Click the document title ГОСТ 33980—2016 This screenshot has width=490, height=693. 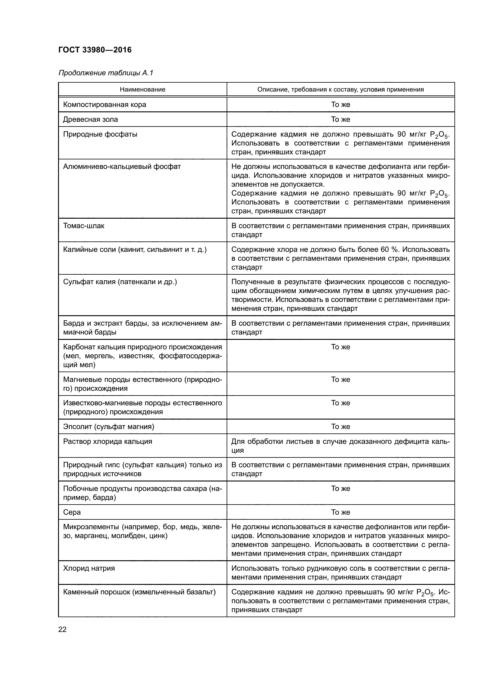[95, 50]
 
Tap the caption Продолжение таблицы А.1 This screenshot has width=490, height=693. [105, 73]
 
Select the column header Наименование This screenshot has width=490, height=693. [142, 89]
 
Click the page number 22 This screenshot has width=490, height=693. [63, 629]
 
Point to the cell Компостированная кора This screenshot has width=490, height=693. [104, 104]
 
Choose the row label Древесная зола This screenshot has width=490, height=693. [90, 119]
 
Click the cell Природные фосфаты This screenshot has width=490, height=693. [100, 134]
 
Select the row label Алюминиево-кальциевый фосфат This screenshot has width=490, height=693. [121, 167]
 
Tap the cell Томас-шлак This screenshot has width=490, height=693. [84, 226]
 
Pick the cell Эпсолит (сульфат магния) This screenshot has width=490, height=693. [108, 426]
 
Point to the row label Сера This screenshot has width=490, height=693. [72, 512]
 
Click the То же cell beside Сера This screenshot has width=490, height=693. [340, 512]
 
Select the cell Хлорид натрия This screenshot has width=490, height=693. [89, 568]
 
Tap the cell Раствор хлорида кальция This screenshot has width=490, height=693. [108, 441]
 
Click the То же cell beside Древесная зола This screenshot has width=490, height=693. [340, 119]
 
